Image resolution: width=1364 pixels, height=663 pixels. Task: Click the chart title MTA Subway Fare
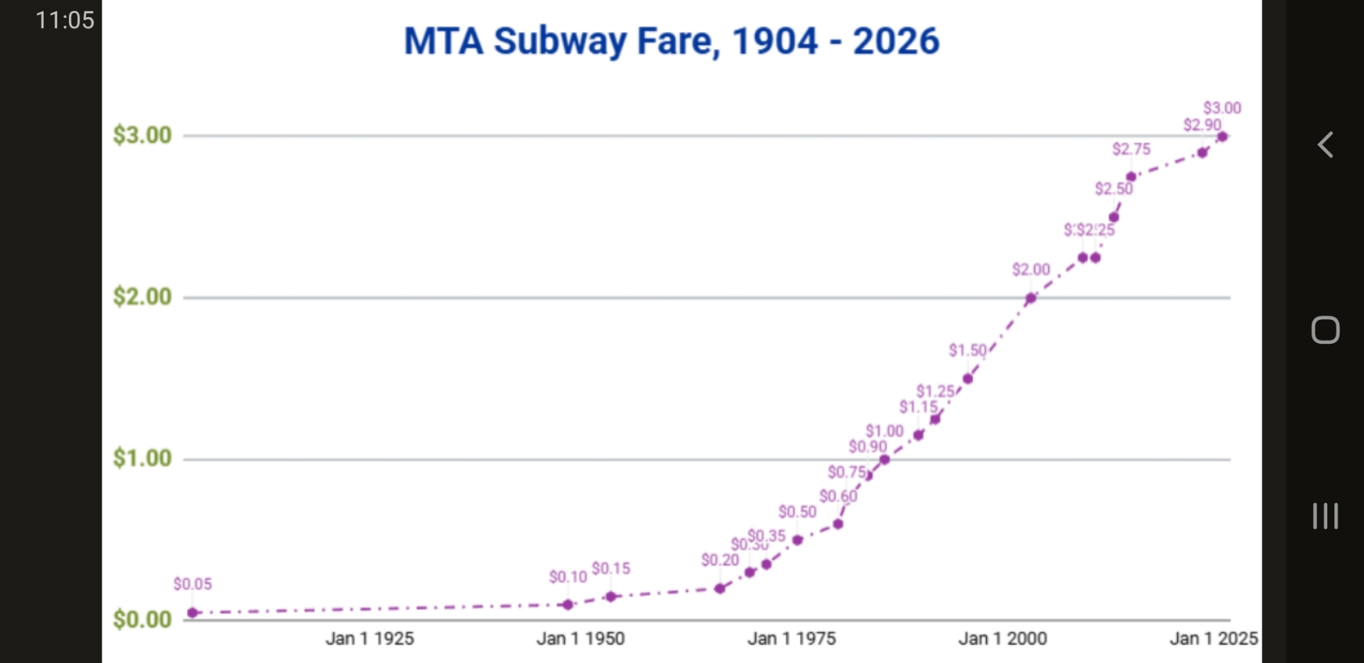[x=671, y=41]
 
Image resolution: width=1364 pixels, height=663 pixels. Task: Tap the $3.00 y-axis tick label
[x=142, y=135]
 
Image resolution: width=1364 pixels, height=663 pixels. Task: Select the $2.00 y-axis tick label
[x=142, y=297]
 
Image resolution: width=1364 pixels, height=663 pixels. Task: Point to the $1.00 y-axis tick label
[x=142, y=458]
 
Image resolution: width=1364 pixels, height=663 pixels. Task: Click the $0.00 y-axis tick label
[x=142, y=619]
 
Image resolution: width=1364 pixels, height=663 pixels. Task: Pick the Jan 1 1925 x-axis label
[x=370, y=638]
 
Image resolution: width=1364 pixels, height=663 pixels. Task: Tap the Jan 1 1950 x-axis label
[x=580, y=638]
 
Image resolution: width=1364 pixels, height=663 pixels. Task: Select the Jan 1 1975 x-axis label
[x=791, y=638]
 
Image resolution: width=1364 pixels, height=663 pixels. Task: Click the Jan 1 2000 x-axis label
[x=1002, y=638]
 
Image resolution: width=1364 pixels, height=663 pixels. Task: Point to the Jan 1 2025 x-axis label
[x=1213, y=638]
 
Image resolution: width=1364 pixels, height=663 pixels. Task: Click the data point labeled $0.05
[x=193, y=613]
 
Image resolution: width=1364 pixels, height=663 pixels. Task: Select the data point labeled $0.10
[x=567, y=604]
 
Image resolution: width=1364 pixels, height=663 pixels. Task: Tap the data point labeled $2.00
[x=1031, y=298]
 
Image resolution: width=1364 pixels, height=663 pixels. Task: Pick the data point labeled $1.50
[x=968, y=379]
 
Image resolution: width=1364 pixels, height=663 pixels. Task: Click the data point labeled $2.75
[x=1131, y=177]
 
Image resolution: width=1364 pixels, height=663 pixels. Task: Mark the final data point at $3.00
[x=1222, y=136]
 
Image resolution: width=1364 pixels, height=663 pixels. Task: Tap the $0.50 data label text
[x=797, y=512]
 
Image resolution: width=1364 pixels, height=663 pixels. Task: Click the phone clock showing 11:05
[x=65, y=20]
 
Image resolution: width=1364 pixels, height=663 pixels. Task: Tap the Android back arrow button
[x=1325, y=145]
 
